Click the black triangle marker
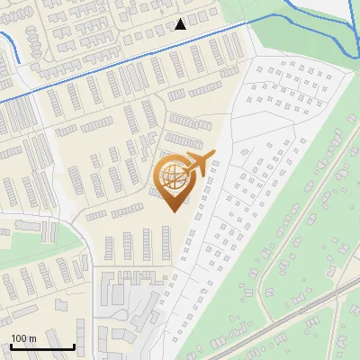point(181,24)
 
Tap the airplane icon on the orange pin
point(197,166)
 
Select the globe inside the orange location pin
point(171,177)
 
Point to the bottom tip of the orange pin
point(172,211)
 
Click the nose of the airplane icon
point(213,156)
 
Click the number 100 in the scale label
point(18,337)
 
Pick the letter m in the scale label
point(31,337)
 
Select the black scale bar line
point(41,346)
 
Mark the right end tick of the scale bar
point(74,345)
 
